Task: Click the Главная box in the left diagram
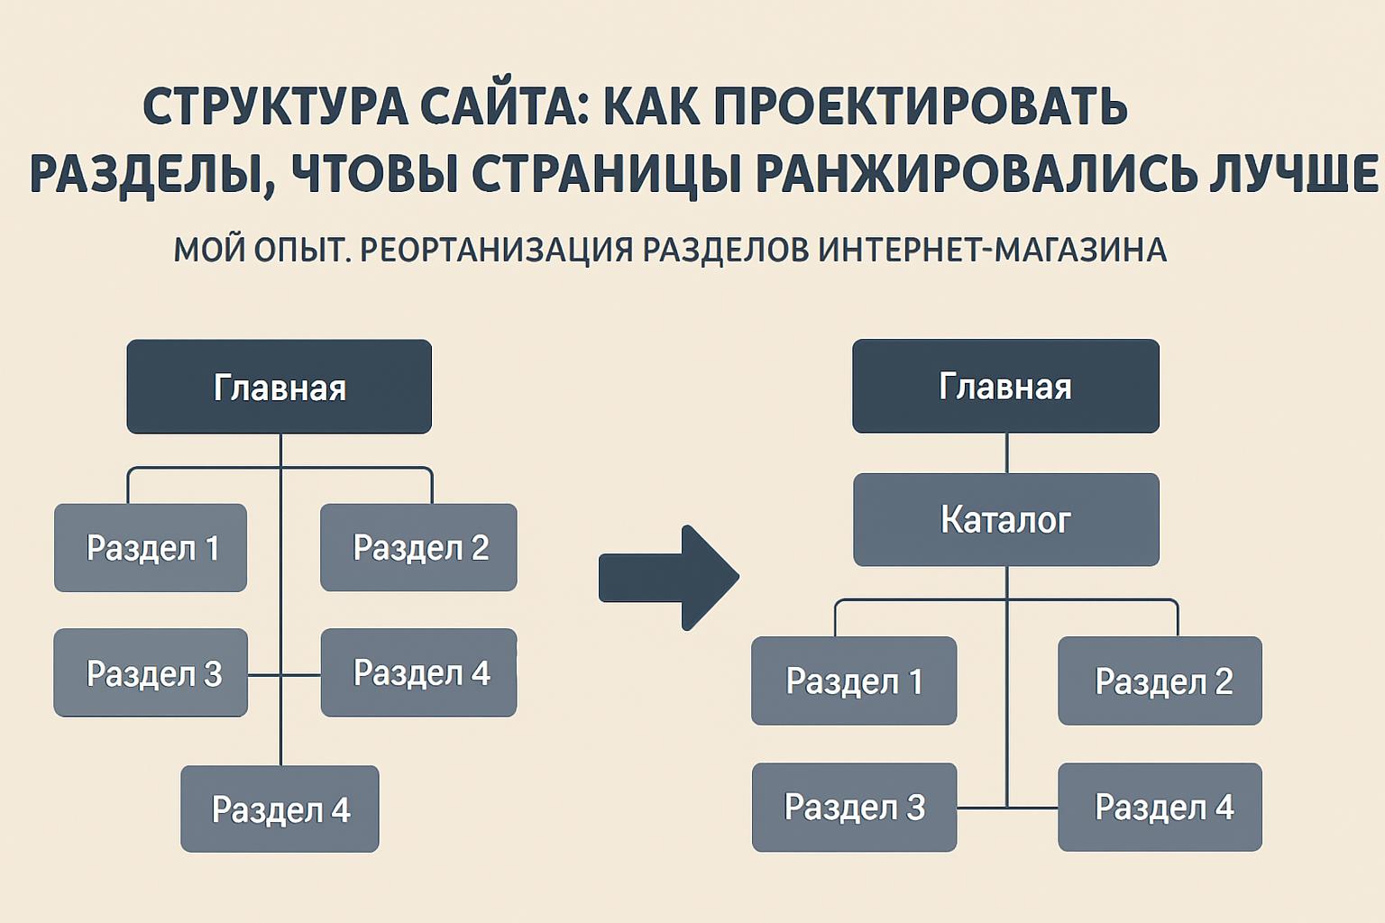click(x=279, y=387)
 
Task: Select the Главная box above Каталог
click(x=1005, y=386)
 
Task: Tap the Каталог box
click(x=1005, y=520)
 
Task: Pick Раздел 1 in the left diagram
click(x=151, y=548)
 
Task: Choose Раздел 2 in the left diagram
click(x=419, y=548)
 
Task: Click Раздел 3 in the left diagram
click(x=151, y=673)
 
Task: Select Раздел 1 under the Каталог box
click(x=853, y=681)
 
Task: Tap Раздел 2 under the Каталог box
click(x=1160, y=681)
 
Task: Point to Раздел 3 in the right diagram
click(x=853, y=808)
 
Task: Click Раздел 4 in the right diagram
click(x=1160, y=808)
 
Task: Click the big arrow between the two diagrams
click(x=669, y=578)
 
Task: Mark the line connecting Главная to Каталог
click(x=1006, y=453)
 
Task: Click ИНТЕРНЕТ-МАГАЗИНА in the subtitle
click(x=992, y=250)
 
